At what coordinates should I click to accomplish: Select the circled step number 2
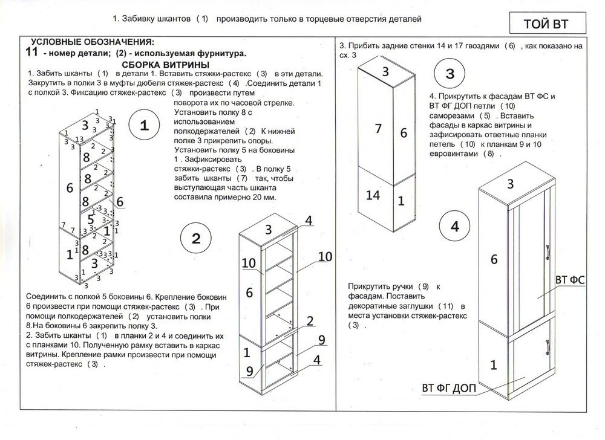point(195,238)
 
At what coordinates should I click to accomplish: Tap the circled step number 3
point(450,74)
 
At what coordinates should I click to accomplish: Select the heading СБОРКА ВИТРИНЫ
point(165,64)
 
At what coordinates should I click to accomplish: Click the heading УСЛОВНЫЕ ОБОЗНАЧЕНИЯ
point(92,42)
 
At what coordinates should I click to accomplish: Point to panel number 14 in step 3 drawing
point(373,195)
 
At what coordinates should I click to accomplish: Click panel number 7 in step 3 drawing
point(378,128)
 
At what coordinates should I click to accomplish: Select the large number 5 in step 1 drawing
point(90,219)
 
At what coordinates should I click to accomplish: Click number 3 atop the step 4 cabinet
point(510,183)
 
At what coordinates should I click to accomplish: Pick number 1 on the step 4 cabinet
point(493,364)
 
